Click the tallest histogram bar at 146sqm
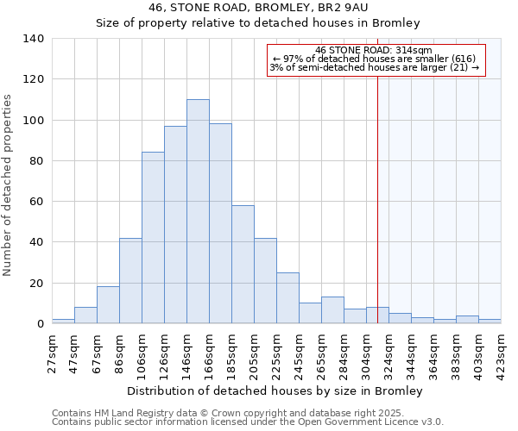pyautogui.click(x=198, y=211)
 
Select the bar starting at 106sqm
pyautogui.click(x=153, y=238)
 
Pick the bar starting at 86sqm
pyautogui.click(x=130, y=281)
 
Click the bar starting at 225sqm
pyautogui.click(x=287, y=298)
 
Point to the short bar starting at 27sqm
pyautogui.click(x=63, y=321)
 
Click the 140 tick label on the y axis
pyautogui.click(x=33, y=39)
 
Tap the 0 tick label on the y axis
pyautogui.click(x=40, y=324)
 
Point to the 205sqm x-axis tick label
pyautogui.click(x=255, y=352)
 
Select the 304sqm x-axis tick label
pyautogui.click(x=367, y=352)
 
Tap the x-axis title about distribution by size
pyautogui.click(x=280, y=390)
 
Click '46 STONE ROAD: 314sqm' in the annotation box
pyautogui.click(x=373, y=51)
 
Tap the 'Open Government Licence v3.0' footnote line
pyautogui.click(x=247, y=422)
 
